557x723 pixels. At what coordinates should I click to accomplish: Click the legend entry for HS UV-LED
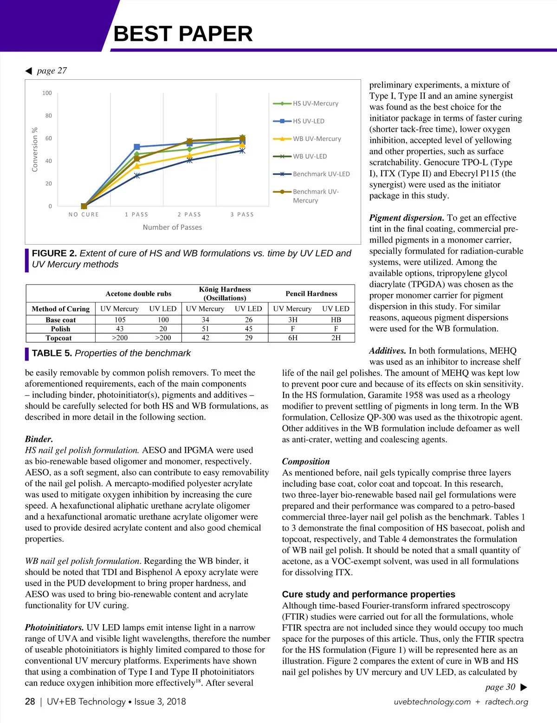(308, 121)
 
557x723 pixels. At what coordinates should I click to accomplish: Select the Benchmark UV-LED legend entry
(321, 174)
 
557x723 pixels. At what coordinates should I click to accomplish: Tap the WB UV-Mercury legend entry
(317, 139)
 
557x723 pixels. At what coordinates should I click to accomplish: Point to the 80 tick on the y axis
(48, 116)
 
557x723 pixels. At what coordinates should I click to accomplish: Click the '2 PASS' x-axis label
(189, 214)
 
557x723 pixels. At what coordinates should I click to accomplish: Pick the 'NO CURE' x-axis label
(84, 214)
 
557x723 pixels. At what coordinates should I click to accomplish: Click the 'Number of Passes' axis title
(172, 227)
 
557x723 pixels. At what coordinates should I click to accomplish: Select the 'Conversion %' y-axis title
(35, 149)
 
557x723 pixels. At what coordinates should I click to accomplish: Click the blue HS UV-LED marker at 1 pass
(137, 147)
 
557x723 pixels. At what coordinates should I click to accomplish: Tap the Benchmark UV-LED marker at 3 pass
(242, 151)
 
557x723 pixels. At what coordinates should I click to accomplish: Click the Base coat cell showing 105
(120, 320)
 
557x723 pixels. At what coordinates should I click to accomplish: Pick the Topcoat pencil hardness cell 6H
(293, 338)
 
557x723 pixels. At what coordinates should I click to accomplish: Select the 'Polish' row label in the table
(60, 329)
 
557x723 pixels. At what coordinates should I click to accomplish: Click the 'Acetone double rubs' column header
(138, 294)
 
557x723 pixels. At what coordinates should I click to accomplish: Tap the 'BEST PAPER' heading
(183, 34)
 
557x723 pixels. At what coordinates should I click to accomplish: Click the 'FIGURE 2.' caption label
(54, 253)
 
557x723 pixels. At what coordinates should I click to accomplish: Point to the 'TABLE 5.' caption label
(52, 353)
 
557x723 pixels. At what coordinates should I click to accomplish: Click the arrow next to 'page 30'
(524, 687)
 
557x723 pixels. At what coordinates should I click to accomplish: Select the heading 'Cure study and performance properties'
(369, 594)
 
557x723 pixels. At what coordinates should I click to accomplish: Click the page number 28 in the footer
(30, 702)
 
